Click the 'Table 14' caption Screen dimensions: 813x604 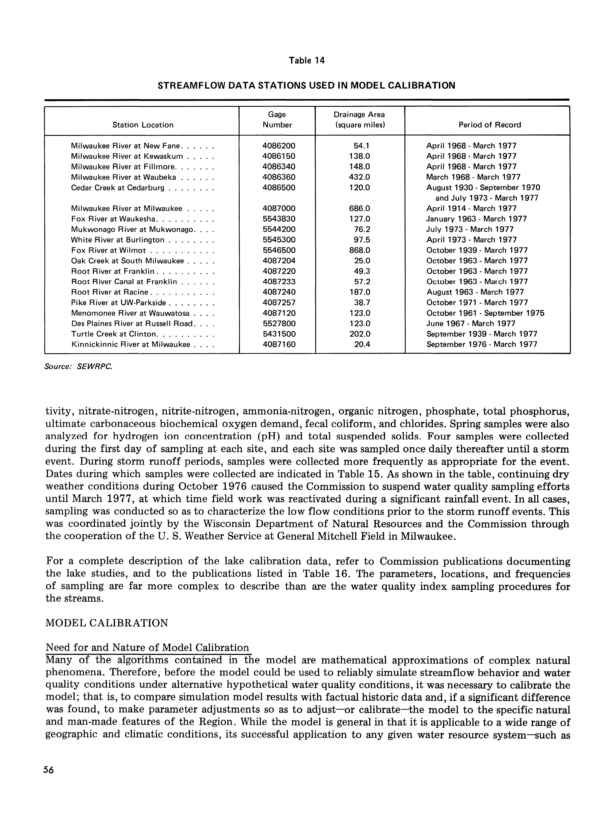[x=306, y=60]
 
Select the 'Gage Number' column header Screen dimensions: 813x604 [x=277, y=120]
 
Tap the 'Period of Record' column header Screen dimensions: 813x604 [x=490, y=125]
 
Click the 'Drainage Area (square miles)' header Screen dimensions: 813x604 [x=359, y=120]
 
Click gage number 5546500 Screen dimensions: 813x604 [x=279, y=251]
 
